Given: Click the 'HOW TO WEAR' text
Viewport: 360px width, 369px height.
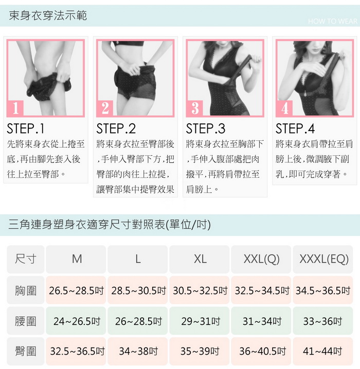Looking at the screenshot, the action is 332,22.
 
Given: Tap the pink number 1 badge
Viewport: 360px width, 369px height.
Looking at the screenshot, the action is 15,108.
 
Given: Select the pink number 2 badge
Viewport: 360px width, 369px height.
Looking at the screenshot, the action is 105,108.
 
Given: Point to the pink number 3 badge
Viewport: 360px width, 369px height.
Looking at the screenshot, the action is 195,108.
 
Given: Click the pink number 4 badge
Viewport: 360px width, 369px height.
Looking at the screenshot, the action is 284,108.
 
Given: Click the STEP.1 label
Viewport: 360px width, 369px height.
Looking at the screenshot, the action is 26,128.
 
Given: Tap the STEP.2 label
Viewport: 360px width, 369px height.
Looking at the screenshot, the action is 116,128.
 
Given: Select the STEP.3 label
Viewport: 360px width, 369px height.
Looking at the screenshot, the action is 206,128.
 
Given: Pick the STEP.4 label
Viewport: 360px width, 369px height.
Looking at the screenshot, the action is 295,128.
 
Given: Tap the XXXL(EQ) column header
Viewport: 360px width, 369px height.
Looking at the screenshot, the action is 323,259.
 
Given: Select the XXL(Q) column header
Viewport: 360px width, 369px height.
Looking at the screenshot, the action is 261,259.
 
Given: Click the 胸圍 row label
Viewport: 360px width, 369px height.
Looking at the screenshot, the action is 26,290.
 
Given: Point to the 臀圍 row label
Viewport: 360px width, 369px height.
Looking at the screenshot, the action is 26,351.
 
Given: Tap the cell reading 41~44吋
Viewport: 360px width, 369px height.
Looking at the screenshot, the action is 323,351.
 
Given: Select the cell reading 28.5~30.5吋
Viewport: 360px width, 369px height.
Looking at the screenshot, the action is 138,290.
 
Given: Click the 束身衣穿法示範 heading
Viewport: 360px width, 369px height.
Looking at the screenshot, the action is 48,15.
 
